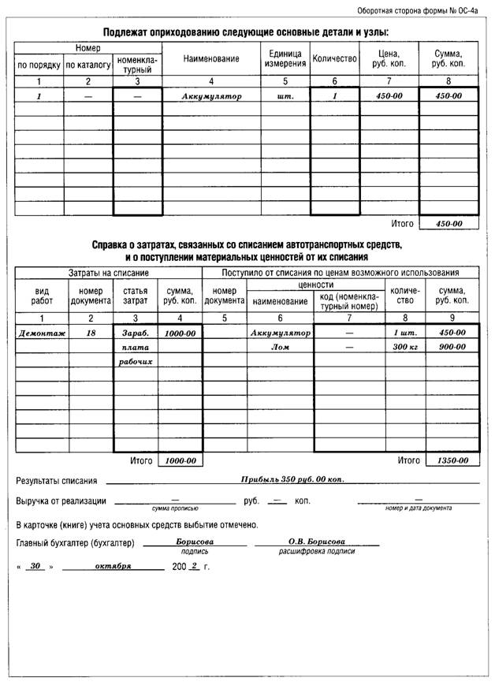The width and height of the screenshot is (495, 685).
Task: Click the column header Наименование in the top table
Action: [x=211, y=59]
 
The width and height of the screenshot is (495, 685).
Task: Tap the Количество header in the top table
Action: [x=334, y=58]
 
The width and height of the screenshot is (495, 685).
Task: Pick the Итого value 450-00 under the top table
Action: [x=448, y=224]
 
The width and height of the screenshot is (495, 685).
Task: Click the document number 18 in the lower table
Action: [x=90, y=333]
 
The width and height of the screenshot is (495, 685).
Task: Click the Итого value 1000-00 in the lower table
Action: [x=181, y=460]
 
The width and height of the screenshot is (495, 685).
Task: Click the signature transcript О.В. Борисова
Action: [x=317, y=542]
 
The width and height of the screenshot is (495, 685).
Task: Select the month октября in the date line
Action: [x=113, y=566]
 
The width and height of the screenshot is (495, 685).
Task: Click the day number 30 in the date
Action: [x=34, y=566]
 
